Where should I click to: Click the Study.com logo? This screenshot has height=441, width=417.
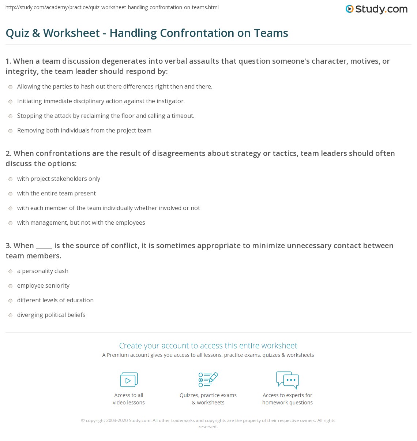376,9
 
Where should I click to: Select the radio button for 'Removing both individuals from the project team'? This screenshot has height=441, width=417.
11,131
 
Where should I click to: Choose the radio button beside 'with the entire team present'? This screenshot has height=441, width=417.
11,194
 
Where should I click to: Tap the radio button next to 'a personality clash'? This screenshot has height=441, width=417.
11,271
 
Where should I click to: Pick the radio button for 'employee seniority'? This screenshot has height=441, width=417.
11,286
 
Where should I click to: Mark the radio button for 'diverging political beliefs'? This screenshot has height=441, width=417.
11,315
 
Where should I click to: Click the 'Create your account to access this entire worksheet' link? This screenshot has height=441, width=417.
208,345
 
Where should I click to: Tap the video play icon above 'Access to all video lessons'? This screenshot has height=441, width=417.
129,380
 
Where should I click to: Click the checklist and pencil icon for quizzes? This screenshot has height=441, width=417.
208,380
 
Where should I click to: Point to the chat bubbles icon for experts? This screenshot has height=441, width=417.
288,380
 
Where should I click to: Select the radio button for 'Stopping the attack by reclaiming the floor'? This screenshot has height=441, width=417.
11,116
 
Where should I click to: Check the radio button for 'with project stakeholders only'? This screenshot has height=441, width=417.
11,179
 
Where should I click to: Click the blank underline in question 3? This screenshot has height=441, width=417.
44,246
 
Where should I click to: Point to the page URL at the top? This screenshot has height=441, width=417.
112,7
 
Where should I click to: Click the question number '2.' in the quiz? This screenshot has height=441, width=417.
8,153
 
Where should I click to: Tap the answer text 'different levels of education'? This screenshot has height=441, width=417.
55,300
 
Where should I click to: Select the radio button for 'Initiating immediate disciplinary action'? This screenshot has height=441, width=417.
11,101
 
